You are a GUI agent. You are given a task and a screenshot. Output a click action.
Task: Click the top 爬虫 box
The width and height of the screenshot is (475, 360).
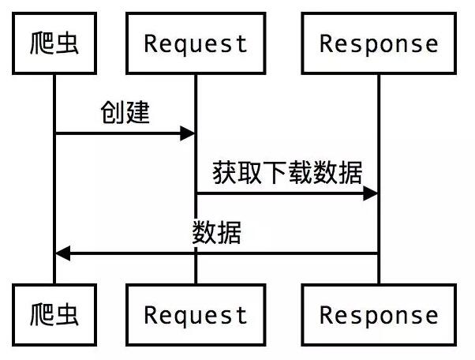[54, 43]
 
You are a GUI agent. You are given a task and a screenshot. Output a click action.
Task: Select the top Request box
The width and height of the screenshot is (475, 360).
[196, 43]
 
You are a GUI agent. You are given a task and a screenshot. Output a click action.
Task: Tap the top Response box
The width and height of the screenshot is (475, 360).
[379, 43]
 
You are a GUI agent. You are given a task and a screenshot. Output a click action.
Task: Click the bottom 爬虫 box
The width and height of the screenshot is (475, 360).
[54, 315]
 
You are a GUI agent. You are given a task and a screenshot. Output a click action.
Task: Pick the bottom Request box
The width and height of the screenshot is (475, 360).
[196, 315]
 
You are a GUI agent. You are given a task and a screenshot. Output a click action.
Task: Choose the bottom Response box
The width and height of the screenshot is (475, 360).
[379, 315]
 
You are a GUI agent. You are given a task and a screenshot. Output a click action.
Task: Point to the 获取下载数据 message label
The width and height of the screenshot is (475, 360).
[287, 172]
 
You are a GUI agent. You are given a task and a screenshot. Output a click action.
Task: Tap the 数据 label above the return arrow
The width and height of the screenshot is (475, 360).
[217, 233]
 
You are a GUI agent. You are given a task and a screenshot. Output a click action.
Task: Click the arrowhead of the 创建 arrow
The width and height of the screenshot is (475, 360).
[188, 134]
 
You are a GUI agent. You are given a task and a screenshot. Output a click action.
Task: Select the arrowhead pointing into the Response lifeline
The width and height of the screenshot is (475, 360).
[371, 193]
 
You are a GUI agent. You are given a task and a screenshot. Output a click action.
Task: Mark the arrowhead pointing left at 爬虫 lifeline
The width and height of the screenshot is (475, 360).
[63, 253]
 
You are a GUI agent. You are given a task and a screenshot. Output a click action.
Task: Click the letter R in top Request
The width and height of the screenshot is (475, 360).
[151, 43]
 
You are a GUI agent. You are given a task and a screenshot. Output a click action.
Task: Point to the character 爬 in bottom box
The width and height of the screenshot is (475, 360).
[41, 315]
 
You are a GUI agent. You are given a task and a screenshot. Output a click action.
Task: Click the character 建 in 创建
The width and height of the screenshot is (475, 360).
[137, 113]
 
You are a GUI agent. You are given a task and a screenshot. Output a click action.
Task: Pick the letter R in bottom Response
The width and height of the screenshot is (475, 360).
[327, 316]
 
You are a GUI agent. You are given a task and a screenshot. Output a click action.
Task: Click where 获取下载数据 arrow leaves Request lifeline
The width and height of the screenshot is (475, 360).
[196, 193]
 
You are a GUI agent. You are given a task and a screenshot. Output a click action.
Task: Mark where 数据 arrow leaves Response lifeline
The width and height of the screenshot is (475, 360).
[378, 253]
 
